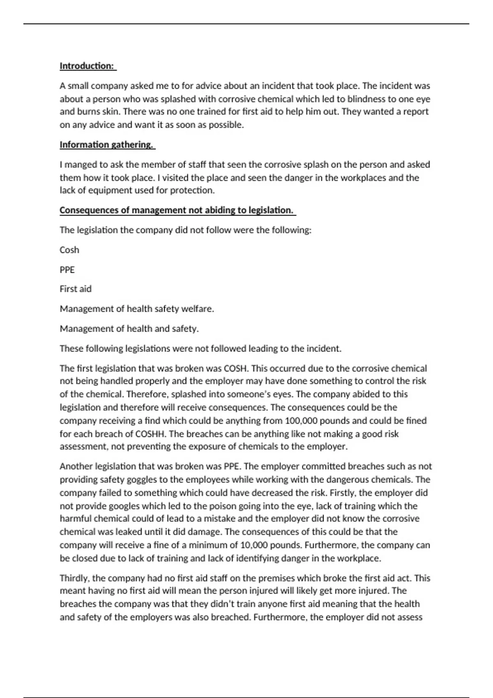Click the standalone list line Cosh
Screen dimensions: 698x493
tap(69, 250)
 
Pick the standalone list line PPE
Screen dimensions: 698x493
tap(67, 270)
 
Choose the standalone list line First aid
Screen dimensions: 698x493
tap(76, 289)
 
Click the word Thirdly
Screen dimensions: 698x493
tap(75, 578)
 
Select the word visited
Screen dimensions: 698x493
tap(176, 178)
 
